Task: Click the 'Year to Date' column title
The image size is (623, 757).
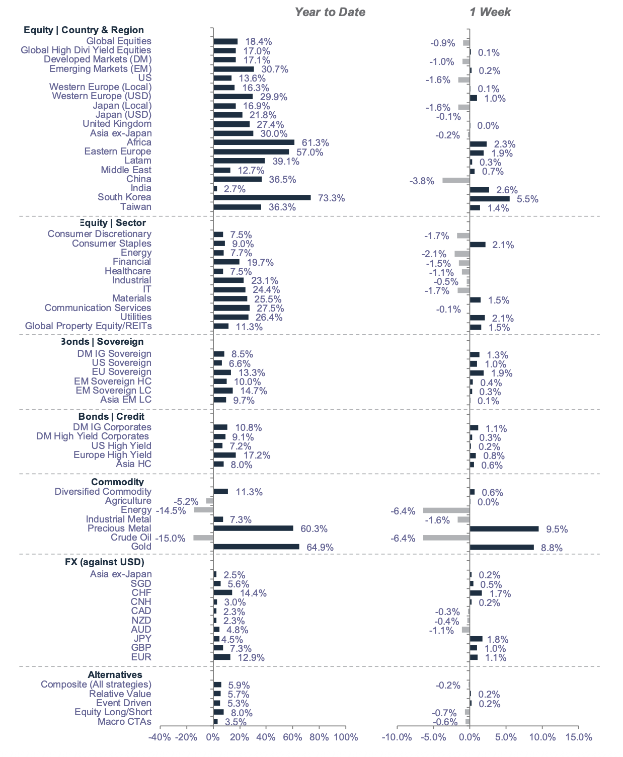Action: pos(330,13)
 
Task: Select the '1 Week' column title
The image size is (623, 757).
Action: pos(490,13)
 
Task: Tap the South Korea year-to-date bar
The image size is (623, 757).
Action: pos(262,198)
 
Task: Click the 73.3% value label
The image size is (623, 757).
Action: pos(331,198)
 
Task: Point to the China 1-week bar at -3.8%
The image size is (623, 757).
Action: pos(456,180)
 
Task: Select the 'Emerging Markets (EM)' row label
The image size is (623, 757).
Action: pos(100,69)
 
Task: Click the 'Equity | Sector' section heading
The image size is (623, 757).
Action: pos(113,223)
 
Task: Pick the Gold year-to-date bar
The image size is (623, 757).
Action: pos(256,547)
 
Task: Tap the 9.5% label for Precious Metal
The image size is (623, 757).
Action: pos(557,529)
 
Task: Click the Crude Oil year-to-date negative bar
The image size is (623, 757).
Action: pos(203,538)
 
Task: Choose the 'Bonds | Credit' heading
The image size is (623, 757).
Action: pos(111,417)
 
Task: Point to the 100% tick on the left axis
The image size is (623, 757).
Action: pos(346,737)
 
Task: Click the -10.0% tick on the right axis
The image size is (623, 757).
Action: pos(397,737)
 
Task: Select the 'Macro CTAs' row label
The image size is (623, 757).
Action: pos(124,722)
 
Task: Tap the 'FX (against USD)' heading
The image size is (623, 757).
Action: pos(104,562)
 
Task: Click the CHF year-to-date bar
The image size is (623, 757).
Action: pos(223,593)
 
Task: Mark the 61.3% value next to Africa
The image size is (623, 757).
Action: pos(315,143)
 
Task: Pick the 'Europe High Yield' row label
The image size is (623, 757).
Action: pos(112,455)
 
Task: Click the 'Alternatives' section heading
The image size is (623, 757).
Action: pos(115,675)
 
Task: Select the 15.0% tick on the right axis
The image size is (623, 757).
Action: pos(579,737)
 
